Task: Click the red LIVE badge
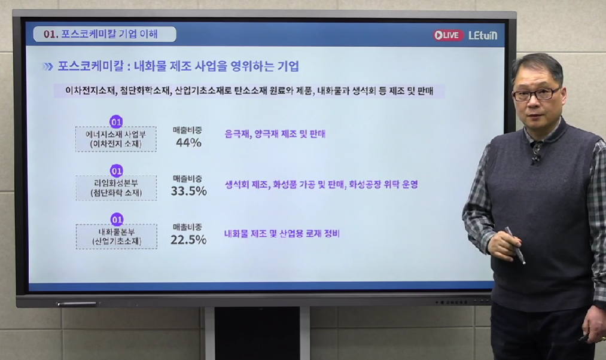tap(447, 35)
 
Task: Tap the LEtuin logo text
tap(483, 35)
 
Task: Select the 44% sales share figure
tap(188, 143)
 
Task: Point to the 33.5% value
tap(188, 191)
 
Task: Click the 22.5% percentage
tap(188, 240)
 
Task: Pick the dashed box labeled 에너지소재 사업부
tap(116, 139)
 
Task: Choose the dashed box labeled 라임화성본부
tap(116, 188)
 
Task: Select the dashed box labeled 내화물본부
tap(117, 236)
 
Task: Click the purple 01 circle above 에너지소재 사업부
tap(116, 122)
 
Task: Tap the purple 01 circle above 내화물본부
tap(117, 219)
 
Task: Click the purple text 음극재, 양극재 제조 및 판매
tap(275, 135)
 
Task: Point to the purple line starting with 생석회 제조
tap(322, 185)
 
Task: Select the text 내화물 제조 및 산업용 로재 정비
tap(282, 234)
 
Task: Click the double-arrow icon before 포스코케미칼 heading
tap(47, 67)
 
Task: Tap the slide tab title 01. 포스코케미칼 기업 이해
tap(101, 34)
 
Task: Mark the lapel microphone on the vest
tap(535, 158)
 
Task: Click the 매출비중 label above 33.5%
tap(187, 179)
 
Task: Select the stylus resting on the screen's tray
tap(77, 304)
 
